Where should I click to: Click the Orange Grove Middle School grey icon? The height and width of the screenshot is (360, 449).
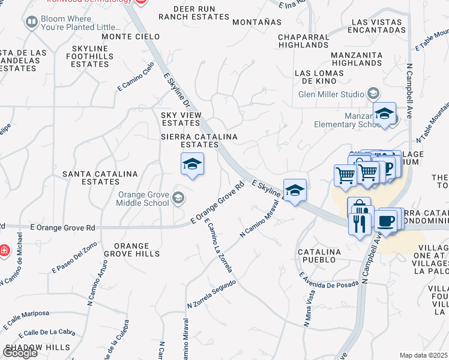pyautogui.click(x=178, y=197)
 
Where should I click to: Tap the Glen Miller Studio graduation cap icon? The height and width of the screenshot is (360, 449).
pyautogui.click(x=373, y=94)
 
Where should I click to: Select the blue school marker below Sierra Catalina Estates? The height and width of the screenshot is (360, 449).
pyautogui.click(x=192, y=164)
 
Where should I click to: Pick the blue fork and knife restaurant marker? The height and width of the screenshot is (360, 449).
pyautogui.click(x=360, y=224)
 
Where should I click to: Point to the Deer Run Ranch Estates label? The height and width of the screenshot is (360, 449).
pyautogui.click(x=194, y=13)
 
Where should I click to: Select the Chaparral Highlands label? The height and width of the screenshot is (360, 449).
pyautogui.click(x=304, y=41)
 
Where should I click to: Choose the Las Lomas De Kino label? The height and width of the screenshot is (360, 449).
pyautogui.click(x=319, y=77)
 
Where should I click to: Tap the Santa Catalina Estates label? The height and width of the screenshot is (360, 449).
pyautogui.click(x=101, y=178)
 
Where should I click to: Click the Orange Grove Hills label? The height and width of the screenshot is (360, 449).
pyautogui.click(x=131, y=250)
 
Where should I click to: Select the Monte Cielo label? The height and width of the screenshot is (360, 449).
pyautogui.click(x=127, y=37)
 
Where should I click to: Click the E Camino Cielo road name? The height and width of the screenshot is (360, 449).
pyautogui.click(x=136, y=76)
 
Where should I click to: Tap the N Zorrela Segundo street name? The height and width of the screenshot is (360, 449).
pyautogui.click(x=211, y=294)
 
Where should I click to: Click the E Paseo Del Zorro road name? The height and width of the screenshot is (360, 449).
pyautogui.click(x=74, y=259)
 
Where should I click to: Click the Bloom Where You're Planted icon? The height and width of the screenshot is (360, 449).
pyautogui.click(x=31, y=22)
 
